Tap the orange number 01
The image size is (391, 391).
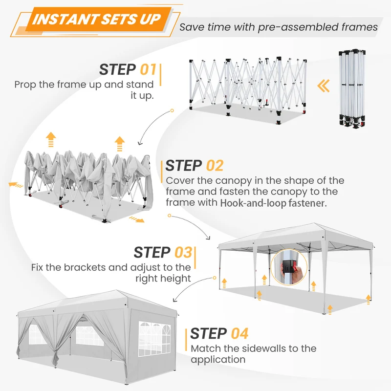pyautogui.click(x=148, y=69)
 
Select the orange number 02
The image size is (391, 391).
pyautogui.click(x=215, y=166)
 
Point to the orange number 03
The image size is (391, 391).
pyautogui.click(x=183, y=252)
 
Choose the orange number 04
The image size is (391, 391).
pyautogui.click(x=239, y=333)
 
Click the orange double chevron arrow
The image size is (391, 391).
pyautogui.click(x=324, y=86)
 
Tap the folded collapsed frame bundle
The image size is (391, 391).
pyautogui.click(x=352, y=88)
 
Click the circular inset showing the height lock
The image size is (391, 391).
pyautogui.click(x=289, y=267)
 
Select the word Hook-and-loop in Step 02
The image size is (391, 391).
pyautogui.click(x=253, y=203)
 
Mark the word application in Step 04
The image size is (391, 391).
pyautogui.click(x=218, y=360)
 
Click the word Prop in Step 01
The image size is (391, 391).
pyautogui.click(x=25, y=85)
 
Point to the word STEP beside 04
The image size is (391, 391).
pyautogui.click(x=209, y=333)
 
